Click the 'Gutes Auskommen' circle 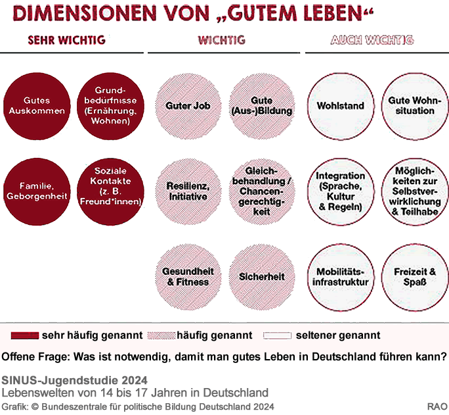pyautogui.click(x=35, y=106)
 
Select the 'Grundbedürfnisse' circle pyautogui.click(x=110, y=106)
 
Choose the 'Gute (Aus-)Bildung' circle pyautogui.click(x=261, y=106)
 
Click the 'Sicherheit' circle pyautogui.click(x=261, y=277)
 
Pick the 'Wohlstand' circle pyautogui.click(x=340, y=106)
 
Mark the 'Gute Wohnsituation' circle pyautogui.click(x=414, y=106)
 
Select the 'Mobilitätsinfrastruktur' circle pyautogui.click(x=340, y=277)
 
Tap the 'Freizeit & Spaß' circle pyautogui.click(x=414, y=277)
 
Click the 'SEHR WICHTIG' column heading pyautogui.click(x=66, y=40)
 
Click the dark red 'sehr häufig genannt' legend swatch pyautogui.click(x=24, y=335)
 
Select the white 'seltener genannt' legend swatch pyautogui.click(x=276, y=335)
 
